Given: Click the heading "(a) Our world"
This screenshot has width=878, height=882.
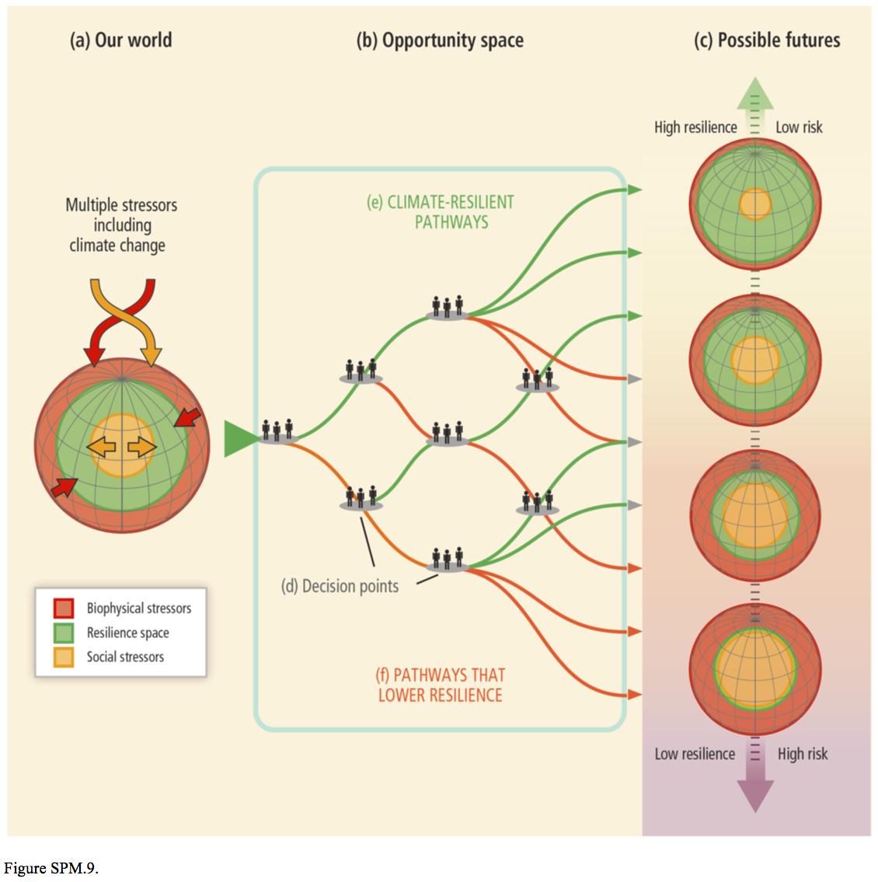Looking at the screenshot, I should click(120, 40).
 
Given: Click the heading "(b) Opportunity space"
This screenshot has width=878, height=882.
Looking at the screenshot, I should click(440, 40).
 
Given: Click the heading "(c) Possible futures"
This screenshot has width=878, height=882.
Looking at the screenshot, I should click(767, 40).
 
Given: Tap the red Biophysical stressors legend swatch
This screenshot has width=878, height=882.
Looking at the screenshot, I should click(64, 608).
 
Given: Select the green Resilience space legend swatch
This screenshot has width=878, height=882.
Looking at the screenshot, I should click(64, 633).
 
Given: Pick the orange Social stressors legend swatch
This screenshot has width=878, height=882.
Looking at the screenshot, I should click(64, 657).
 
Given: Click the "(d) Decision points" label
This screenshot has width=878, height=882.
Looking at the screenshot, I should click(340, 587).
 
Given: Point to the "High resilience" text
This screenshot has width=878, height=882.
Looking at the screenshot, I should click(695, 127).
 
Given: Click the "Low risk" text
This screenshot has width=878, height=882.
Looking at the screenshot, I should click(799, 127).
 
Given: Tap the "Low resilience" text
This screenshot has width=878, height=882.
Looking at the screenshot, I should click(695, 754).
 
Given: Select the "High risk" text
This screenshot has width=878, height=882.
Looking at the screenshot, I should click(803, 754).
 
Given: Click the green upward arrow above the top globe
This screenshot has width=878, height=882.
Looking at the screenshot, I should click(754, 97).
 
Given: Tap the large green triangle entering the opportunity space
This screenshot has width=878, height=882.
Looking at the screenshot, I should click(239, 439).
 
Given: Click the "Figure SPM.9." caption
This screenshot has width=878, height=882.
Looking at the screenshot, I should click(51, 868).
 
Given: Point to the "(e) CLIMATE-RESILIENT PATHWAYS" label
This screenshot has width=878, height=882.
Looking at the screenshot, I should click(441, 212).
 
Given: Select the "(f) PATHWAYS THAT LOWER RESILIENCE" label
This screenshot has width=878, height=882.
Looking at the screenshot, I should click(441, 685).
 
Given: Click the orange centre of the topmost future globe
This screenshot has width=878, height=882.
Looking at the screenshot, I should click(754, 204).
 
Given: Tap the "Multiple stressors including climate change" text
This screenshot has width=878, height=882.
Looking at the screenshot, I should click(120, 225).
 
